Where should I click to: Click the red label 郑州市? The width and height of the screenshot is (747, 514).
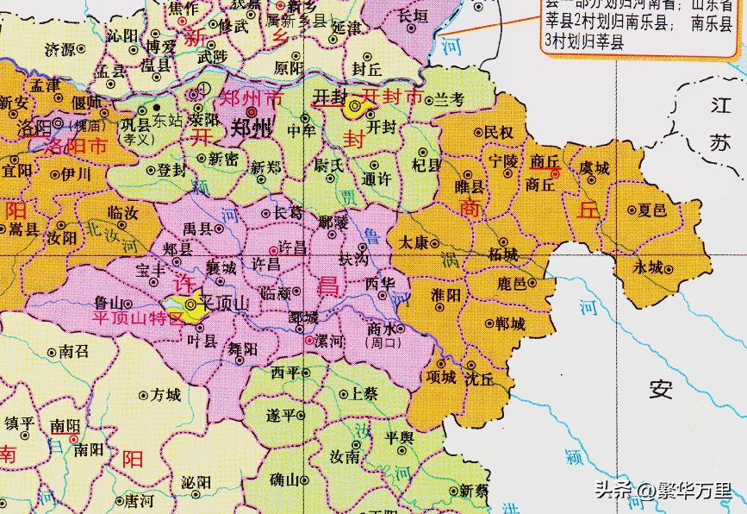click(x=252, y=97)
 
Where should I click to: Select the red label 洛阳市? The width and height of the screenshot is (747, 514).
click(x=75, y=147)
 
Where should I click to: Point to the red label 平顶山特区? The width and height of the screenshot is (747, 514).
click(x=139, y=318)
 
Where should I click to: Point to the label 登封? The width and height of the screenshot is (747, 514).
click(x=172, y=171)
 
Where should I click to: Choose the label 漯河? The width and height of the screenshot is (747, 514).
click(x=331, y=342)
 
